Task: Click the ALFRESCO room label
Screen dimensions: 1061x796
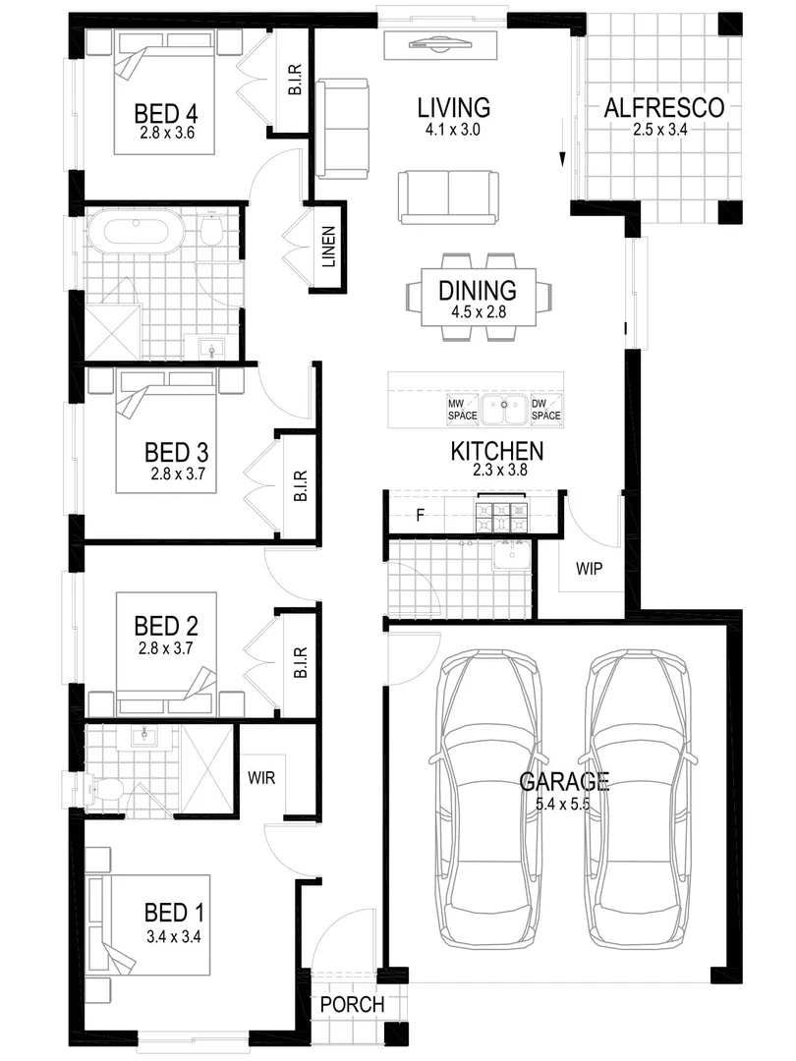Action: point(663,108)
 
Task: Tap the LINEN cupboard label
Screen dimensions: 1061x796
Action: point(329,249)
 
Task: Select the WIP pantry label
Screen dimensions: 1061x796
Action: point(588,569)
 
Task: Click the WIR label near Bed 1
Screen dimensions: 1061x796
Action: point(261,777)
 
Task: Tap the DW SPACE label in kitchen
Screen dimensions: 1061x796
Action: point(546,410)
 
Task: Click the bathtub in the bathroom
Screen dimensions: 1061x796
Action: point(136,234)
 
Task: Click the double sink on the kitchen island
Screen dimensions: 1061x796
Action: point(504,410)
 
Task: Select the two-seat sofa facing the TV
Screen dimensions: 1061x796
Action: point(447,195)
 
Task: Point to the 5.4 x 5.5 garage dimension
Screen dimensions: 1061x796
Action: point(564,805)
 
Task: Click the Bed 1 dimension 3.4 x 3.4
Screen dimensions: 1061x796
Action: point(174,936)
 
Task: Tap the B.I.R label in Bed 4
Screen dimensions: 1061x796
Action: point(294,81)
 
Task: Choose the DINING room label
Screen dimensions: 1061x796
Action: point(478,291)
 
